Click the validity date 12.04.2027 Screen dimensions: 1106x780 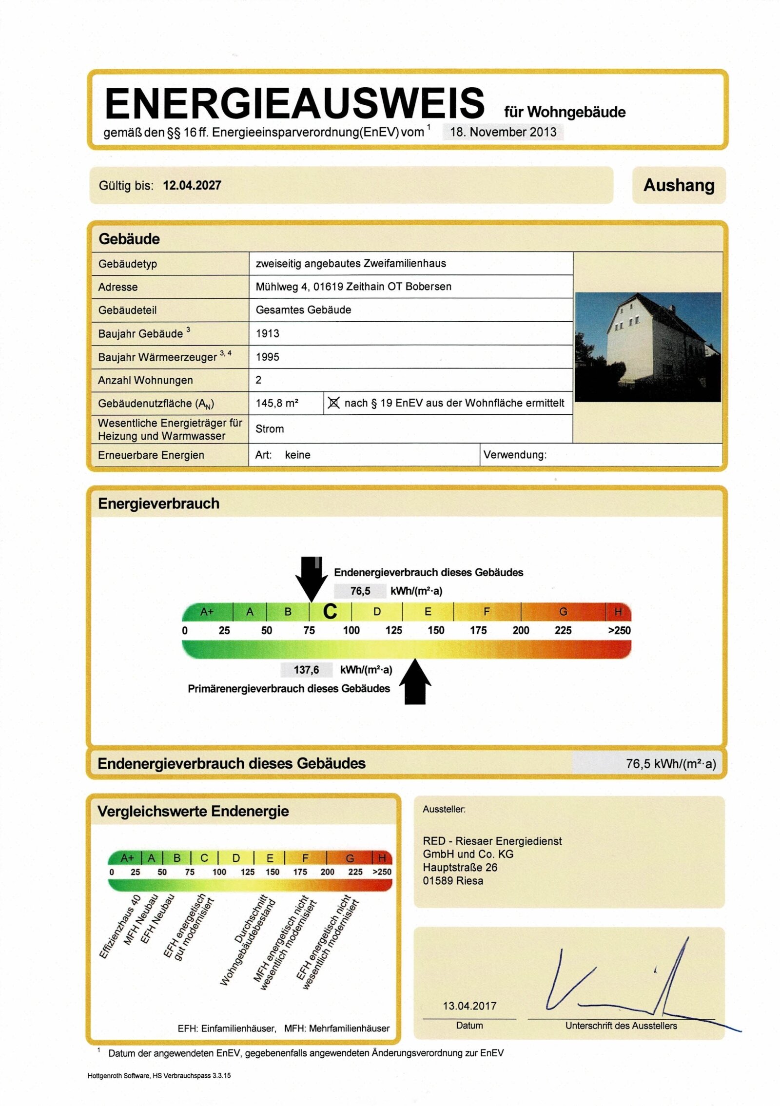tap(192, 185)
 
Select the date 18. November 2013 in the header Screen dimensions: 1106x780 tap(503, 132)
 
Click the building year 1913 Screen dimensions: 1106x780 tap(267, 333)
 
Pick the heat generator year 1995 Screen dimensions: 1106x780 tap(267, 357)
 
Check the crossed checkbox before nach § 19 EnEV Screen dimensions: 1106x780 tap(333, 403)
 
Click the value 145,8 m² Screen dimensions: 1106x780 tap(276, 403)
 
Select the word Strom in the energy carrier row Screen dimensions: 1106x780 tap(269, 429)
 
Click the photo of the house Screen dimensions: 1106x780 tap(647, 347)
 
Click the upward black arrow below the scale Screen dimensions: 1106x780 tap(415, 682)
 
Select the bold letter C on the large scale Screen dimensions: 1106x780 tap(330, 611)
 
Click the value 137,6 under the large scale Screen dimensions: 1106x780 tap(306, 670)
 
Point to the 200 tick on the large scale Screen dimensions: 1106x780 tap(521, 630)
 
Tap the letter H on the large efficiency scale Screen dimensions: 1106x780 tap(618, 611)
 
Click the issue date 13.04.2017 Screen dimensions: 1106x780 tap(469, 1006)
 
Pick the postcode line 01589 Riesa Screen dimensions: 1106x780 tap(453, 881)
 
